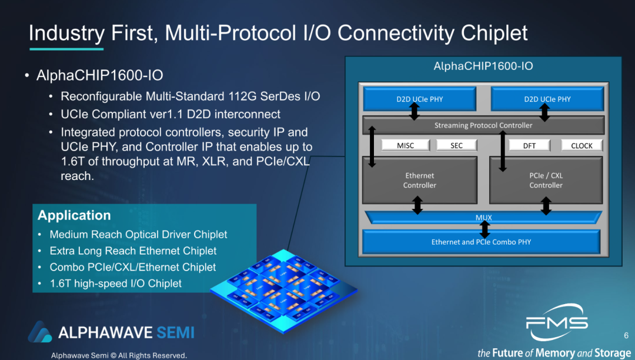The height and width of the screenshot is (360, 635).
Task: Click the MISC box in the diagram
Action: click(406, 145)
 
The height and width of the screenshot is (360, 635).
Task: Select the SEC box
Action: click(456, 145)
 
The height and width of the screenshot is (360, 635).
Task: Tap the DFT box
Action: click(529, 145)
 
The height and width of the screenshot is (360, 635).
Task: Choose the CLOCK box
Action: click(581, 145)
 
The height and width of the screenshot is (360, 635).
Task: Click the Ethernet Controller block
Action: click(420, 180)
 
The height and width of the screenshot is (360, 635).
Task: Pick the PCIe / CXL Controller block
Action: click(546, 180)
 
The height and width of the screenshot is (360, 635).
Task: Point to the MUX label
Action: click(483, 218)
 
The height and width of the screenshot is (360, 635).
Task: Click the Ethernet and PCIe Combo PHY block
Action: click(482, 242)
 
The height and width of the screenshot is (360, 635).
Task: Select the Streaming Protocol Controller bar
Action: click(483, 125)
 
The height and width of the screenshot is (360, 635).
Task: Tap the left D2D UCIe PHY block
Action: click(419, 99)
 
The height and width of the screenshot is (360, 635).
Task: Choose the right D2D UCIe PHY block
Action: click(547, 99)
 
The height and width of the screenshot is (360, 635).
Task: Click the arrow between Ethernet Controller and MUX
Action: click(417, 205)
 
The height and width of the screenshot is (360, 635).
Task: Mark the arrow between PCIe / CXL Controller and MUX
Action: click(546, 205)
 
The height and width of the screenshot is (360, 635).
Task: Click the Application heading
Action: click(74, 215)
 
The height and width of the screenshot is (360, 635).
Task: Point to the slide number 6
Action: click(626, 335)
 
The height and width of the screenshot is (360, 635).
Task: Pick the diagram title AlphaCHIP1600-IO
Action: click(483, 66)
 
